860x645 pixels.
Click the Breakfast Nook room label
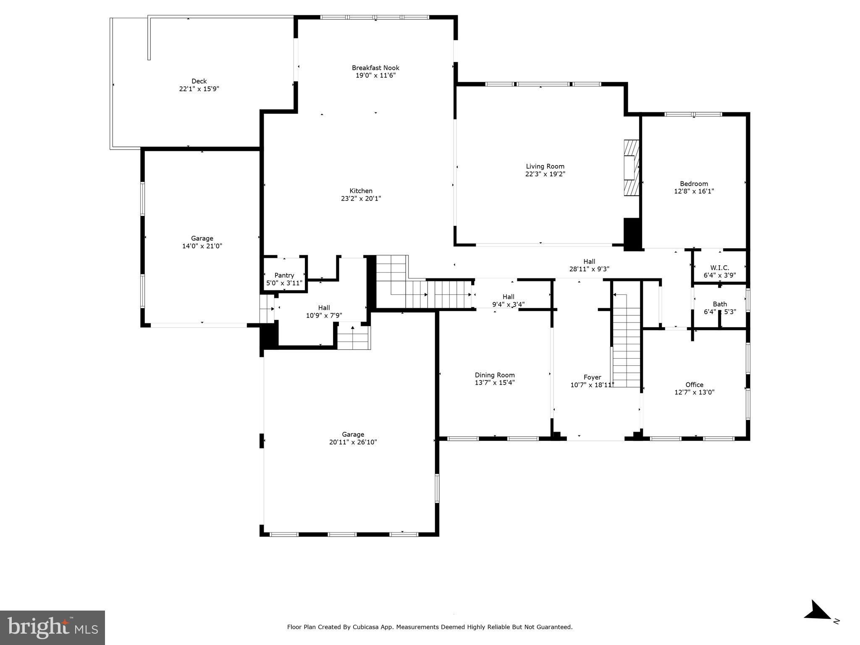click(375, 68)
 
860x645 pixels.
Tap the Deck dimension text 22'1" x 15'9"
click(199, 89)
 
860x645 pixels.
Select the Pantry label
click(284, 275)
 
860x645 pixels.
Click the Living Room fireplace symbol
click(631, 168)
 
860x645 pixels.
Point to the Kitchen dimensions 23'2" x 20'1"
click(361, 199)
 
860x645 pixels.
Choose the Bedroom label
click(694, 184)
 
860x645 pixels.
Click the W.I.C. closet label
click(719, 268)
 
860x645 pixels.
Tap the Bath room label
click(719, 304)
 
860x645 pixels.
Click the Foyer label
click(592, 377)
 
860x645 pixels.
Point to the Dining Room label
click(494, 375)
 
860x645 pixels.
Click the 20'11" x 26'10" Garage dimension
click(353, 442)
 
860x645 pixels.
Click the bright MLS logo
click(52, 628)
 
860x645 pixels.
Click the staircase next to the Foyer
click(626, 340)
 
